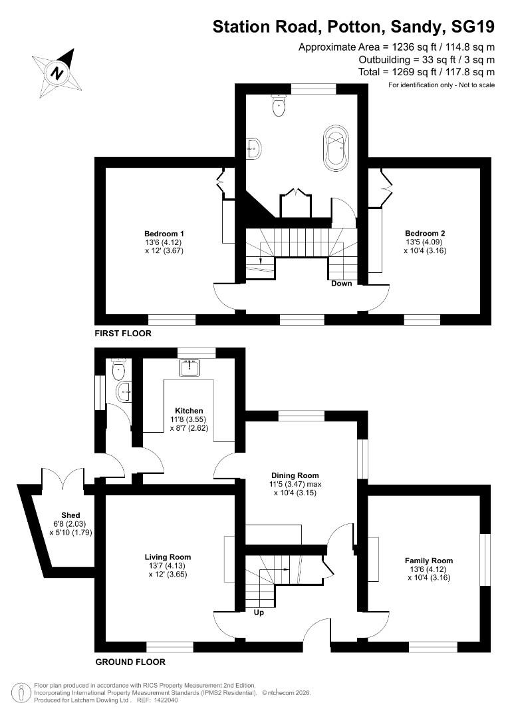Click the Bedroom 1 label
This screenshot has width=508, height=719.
(x=164, y=234)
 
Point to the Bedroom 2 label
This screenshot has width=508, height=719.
(x=425, y=233)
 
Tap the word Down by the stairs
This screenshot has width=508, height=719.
(x=342, y=283)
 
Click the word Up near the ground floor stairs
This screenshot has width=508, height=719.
(x=259, y=612)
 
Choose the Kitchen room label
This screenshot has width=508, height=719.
(x=189, y=411)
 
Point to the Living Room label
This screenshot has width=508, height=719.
(x=168, y=557)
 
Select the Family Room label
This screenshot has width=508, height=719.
(x=429, y=561)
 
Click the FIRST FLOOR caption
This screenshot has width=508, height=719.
(x=123, y=333)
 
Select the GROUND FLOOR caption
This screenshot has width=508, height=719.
(x=130, y=662)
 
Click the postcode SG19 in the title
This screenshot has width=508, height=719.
(x=472, y=27)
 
